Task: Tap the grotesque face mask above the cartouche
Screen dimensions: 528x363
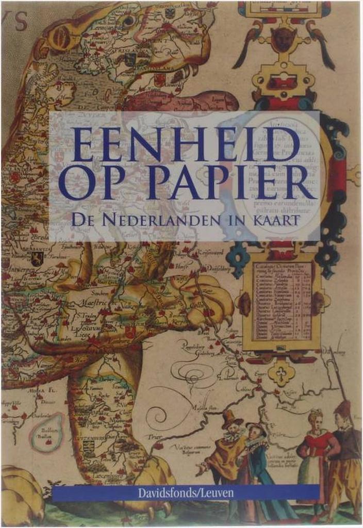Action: coord(283,39)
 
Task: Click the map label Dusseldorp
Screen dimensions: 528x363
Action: coord(211,268)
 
